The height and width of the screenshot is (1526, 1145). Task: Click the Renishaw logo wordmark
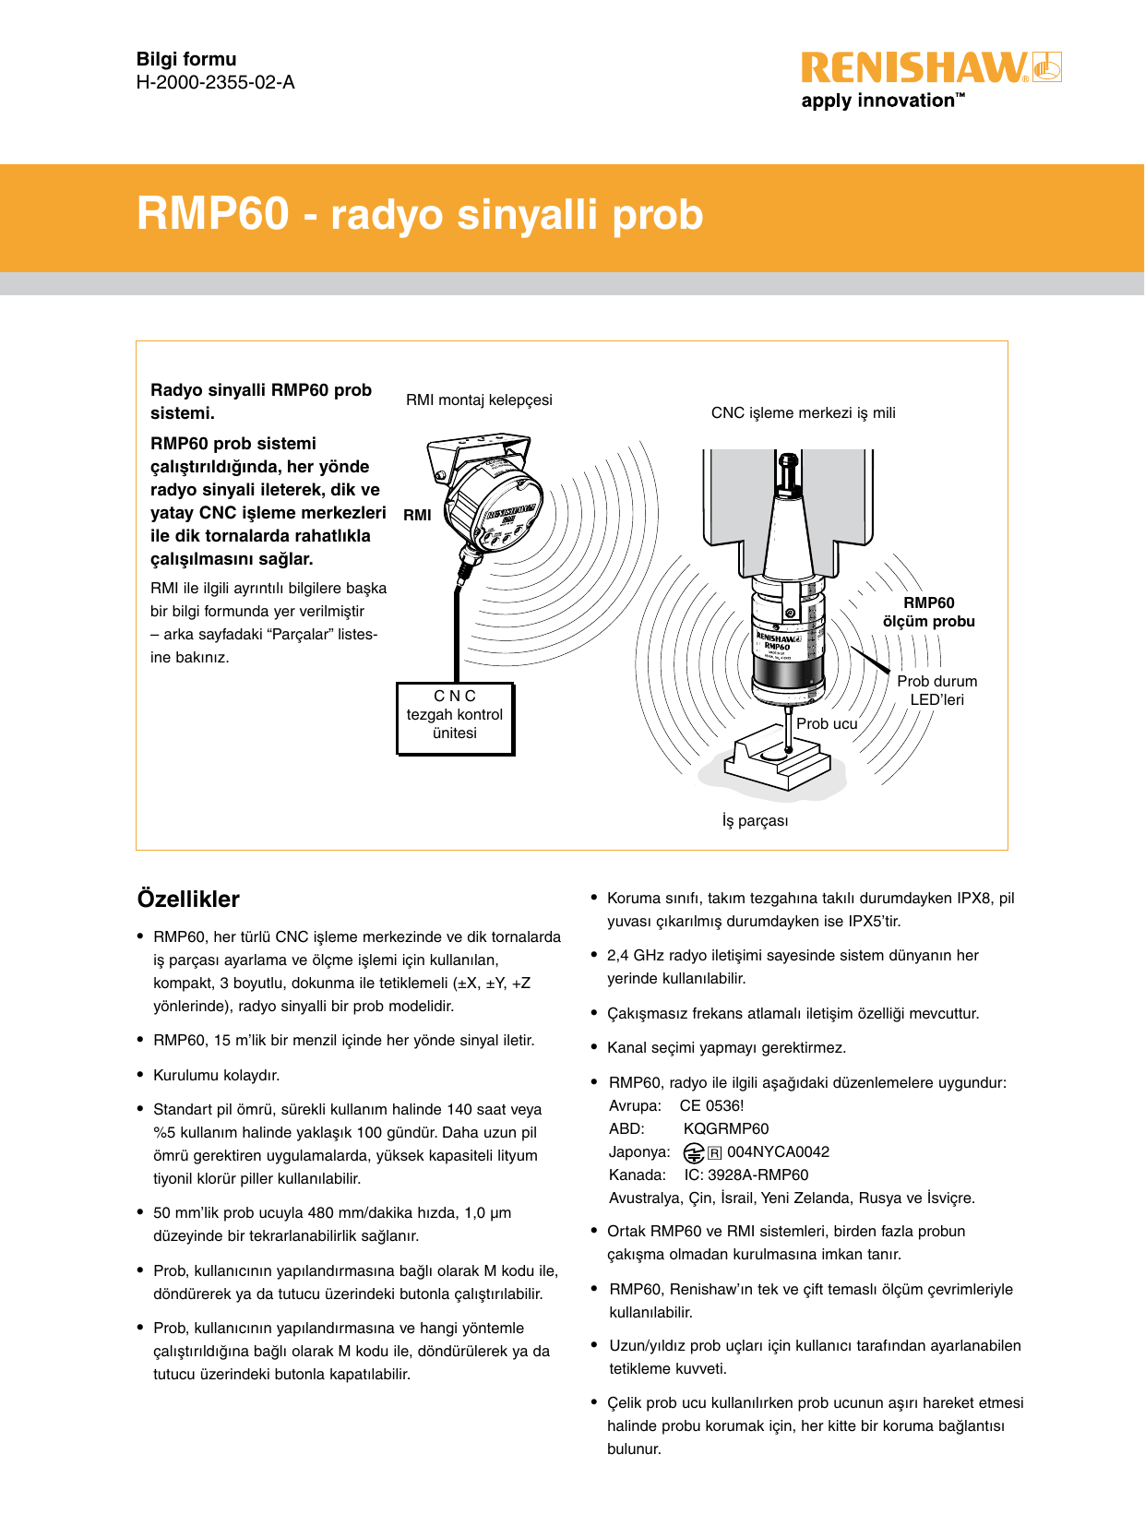(913, 68)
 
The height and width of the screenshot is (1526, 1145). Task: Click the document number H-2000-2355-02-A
(215, 83)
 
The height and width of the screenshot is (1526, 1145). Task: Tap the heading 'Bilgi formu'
(186, 59)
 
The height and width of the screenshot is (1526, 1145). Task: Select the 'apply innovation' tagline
(882, 101)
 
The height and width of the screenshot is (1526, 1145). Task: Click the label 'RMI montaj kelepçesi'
(479, 399)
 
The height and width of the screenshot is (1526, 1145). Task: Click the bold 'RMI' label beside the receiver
(417, 515)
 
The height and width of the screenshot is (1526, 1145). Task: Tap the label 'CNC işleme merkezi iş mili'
(803, 412)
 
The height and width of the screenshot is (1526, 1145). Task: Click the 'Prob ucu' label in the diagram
(827, 723)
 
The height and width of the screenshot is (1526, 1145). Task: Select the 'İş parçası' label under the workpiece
(755, 820)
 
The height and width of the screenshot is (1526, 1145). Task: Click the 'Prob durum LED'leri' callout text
(936, 690)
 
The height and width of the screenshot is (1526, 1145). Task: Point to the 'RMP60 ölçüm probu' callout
(928, 612)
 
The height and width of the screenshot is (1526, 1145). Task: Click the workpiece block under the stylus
(775, 758)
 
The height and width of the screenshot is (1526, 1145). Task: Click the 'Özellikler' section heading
(188, 899)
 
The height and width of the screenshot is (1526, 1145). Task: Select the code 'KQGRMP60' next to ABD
(725, 1128)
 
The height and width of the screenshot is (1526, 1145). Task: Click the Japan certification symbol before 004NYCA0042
(694, 1152)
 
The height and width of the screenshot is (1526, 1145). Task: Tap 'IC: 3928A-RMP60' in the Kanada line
(745, 1174)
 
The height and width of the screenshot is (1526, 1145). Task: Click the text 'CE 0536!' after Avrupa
(711, 1105)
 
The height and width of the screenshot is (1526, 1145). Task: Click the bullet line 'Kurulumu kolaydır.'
(216, 1075)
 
